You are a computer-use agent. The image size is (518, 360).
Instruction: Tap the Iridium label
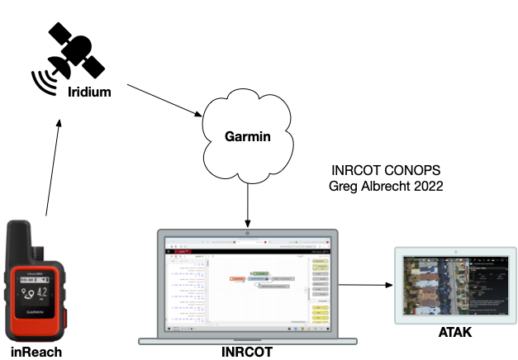pos(88,91)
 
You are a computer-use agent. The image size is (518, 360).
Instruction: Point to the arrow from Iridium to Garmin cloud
pos(165,98)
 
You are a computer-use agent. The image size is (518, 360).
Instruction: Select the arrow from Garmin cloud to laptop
pos(248,202)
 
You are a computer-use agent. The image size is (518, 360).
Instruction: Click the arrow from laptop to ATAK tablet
pos(364,285)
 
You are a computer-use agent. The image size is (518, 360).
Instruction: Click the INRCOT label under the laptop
pos(247,353)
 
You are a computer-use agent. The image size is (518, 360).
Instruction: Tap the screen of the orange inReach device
pos(36,292)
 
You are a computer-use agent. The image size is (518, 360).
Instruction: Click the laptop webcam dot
pos(248,232)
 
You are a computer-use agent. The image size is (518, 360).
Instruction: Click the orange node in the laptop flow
pos(237,279)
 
